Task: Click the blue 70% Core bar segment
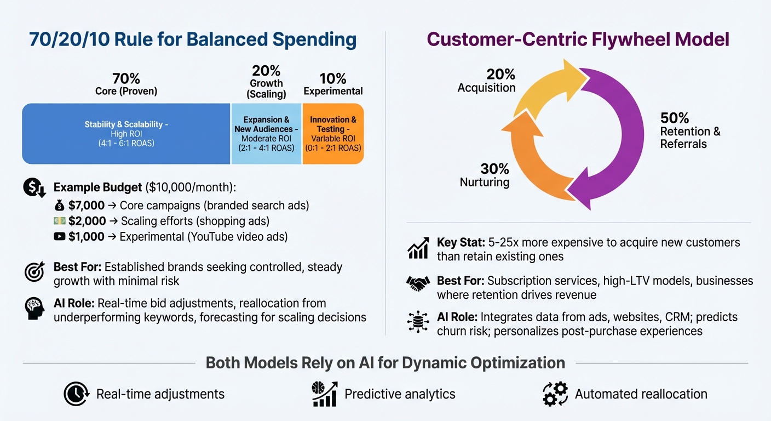tap(126, 133)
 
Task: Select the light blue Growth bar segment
tap(266, 133)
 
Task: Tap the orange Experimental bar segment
tap(333, 133)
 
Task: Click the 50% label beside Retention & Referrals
tap(675, 118)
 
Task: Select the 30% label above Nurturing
tap(495, 169)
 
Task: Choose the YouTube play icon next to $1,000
tap(60, 237)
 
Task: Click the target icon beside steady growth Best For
tap(34, 272)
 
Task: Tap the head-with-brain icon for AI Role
tap(34, 309)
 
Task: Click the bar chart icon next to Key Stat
tap(418, 248)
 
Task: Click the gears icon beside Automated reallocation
tap(555, 394)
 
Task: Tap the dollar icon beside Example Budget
tap(34, 188)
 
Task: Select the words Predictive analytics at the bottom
tap(400, 394)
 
